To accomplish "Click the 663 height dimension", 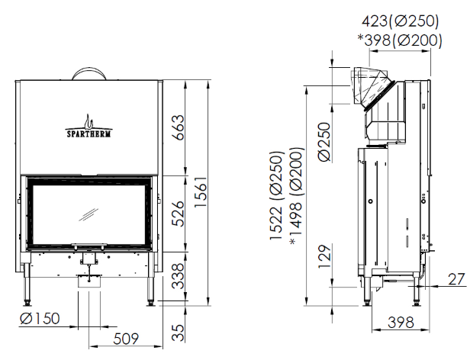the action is click(x=179, y=127).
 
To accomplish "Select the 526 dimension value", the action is click(x=179, y=214).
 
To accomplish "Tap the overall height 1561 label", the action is click(x=201, y=191).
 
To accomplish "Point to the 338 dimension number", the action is click(x=179, y=276).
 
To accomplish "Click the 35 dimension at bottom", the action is click(x=179, y=333).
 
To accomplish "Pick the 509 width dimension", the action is click(x=126, y=339).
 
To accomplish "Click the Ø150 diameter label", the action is click(x=40, y=318).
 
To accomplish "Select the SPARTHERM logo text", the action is click(x=89, y=133).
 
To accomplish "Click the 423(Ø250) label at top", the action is click(x=400, y=21).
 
